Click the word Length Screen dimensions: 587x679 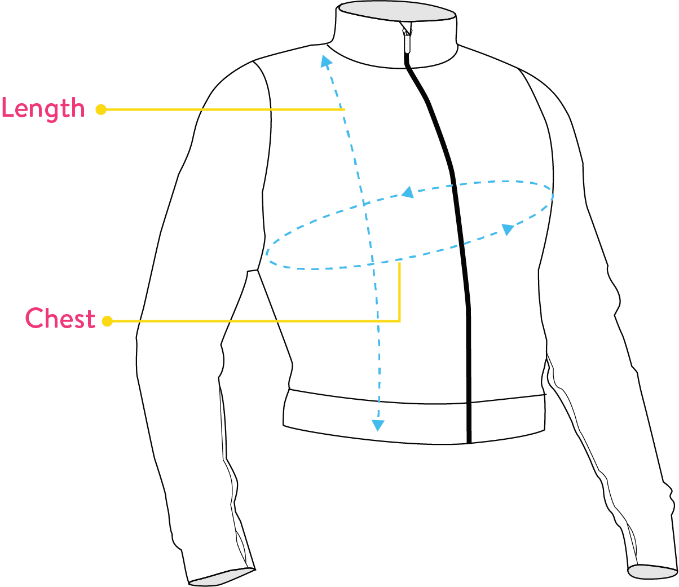coord(43,108)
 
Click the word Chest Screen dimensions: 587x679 coord(60,319)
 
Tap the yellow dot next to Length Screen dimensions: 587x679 coord(101,109)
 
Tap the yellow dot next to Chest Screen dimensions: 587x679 coord(107,321)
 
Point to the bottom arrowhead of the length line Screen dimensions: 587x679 coord(377,425)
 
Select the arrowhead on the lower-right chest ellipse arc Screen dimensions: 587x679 coord(508,229)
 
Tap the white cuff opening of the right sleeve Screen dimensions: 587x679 coord(652,571)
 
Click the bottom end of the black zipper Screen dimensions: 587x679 coord(469,440)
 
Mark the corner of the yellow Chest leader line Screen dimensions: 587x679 coord(400,321)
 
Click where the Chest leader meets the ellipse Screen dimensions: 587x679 coord(400,262)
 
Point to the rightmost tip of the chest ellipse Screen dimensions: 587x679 coord(553,195)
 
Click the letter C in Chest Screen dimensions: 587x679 coord(34,319)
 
